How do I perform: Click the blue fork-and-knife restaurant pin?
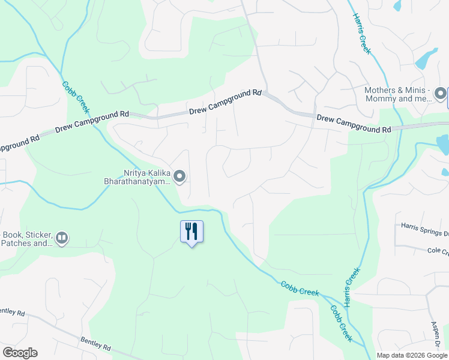[x=192, y=232]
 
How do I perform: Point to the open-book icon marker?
[x=61, y=239]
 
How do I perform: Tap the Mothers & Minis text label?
[x=398, y=94]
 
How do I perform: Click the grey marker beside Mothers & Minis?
[x=441, y=94]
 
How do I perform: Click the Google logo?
[x=20, y=353]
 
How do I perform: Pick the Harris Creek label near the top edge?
[x=361, y=33]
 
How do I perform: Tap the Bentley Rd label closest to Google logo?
[x=97, y=344]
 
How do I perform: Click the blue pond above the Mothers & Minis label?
[x=426, y=58]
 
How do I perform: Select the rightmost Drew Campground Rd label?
[x=354, y=124]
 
